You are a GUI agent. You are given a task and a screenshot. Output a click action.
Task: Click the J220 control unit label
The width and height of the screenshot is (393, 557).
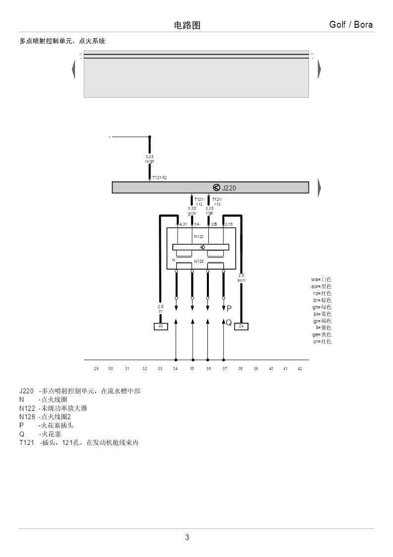(229, 188)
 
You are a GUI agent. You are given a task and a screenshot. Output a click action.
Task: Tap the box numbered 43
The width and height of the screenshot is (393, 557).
(160, 326)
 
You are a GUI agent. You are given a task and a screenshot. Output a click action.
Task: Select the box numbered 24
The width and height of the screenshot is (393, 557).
(241, 326)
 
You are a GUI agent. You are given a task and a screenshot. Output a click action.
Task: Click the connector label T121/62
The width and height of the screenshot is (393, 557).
(159, 178)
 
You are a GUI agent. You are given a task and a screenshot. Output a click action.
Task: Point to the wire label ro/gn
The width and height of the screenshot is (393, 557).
(149, 161)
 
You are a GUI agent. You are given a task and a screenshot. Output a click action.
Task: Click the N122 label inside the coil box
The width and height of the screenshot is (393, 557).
(198, 237)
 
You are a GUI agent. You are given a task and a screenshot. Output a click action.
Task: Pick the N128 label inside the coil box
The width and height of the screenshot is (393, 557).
(198, 261)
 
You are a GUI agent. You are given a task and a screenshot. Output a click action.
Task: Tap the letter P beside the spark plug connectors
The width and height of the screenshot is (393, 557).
(229, 309)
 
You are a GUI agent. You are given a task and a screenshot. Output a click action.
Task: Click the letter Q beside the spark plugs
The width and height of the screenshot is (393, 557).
(229, 322)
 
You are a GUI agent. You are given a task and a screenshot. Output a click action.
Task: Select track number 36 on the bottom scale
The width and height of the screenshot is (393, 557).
(208, 369)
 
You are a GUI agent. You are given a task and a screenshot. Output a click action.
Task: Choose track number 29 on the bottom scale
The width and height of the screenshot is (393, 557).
(96, 369)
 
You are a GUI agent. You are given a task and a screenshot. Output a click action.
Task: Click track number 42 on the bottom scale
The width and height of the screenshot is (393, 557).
(299, 369)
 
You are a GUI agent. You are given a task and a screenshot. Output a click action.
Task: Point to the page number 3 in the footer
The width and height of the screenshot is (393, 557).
(187, 537)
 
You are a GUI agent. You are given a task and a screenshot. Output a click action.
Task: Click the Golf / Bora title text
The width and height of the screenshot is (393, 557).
(351, 25)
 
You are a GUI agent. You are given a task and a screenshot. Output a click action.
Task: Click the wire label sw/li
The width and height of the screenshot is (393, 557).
(242, 281)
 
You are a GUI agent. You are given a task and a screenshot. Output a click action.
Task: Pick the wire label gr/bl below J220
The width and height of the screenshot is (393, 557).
(192, 213)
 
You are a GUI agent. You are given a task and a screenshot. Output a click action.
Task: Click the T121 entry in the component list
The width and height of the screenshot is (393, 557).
(26, 442)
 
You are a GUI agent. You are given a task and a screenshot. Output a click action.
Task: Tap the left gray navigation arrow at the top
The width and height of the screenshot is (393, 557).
(73, 69)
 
